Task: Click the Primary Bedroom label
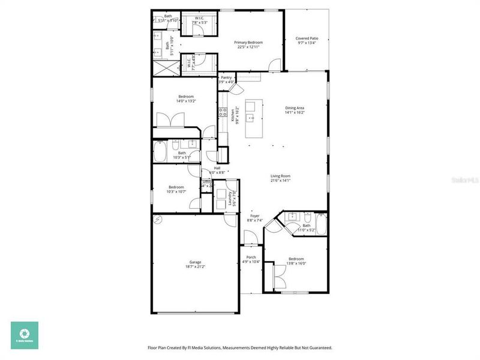[x=249, y=43]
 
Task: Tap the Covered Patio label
[x=307, y=38]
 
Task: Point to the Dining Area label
[x=295, y=108]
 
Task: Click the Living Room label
[x=280, y=176]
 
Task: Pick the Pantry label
[x=226, y=77]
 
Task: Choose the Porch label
[x=251, y=257]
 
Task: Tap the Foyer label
[x=254, y=216]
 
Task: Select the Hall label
[x=209, y=168]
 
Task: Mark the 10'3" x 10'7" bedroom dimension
[x=176, y=191]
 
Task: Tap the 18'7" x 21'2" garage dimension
[x=196, y=267]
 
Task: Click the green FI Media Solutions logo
[x=24, y=335]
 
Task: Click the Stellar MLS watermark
[x=466, y=179]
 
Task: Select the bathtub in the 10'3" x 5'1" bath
[x=160, y=151]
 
